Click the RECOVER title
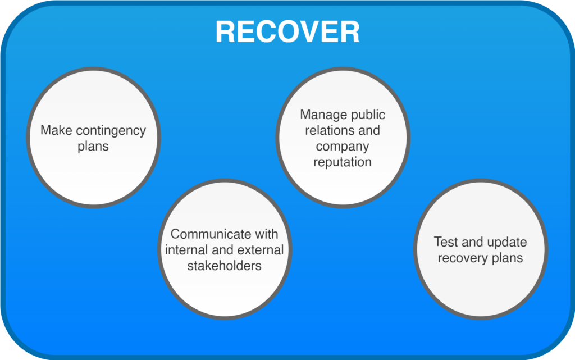tap(287, 32)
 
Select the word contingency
tap(111, 131)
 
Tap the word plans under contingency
tap(93, 147)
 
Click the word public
tap(368, 115)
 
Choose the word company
tap(343, 147)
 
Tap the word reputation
tap(343, 162)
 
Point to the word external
tap(263, 249)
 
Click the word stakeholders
tap(225, 265)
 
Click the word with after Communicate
tap(266, 234)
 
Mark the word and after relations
tap(369, 131)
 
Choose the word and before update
tap(472, 242)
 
